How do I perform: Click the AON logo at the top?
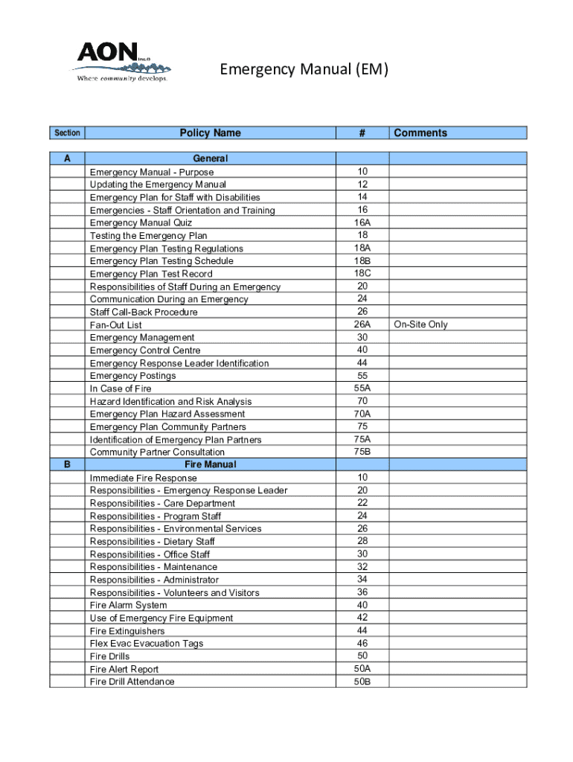click(121, 61)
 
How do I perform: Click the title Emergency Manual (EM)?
click(304, 70)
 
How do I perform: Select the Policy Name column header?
click(210, 133)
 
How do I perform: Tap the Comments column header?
click(420, 133)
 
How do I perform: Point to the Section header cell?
click(67, 133)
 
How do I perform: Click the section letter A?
click(68, 159)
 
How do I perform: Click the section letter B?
click(68, 464)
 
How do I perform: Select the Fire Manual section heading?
click(210, 464)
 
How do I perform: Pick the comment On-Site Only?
click(421, 324)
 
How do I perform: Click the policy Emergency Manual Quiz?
click(141, 222)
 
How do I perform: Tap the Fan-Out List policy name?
click(115, 325)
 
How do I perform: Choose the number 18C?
click(362, 273)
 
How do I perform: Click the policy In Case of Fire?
click(121, 388)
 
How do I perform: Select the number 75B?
click(362, 452)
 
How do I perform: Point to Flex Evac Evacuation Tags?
click(146, 644)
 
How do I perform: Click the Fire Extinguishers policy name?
click(127, 631)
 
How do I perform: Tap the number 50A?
click(362, 669)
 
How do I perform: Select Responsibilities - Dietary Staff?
click(152, 542)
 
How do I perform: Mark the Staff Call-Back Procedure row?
click(144, 312)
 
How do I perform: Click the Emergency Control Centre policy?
click(145, 350)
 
